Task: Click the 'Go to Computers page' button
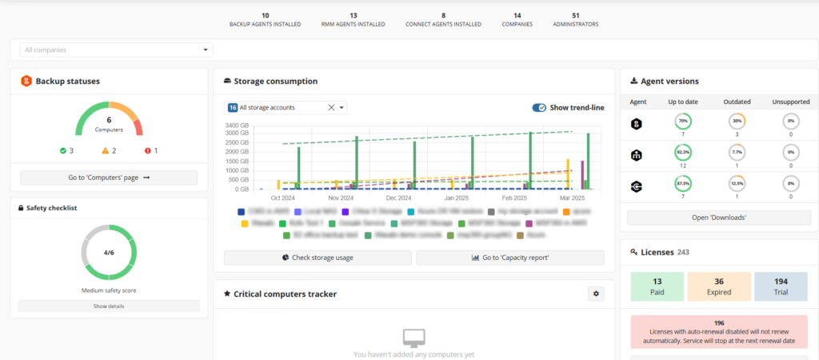(109, 178)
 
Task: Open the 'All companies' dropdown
(116, 50)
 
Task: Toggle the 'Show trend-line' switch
(539, 107)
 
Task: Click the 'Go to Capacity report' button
(510, 258)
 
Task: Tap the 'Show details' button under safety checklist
(109, 306)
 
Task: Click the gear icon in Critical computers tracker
(595, 294)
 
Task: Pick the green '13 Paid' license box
(657, 286)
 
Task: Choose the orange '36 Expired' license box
(719, 286)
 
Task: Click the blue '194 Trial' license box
(781, 286)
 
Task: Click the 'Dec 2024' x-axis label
(398, 198)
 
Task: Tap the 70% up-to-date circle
(682, 122)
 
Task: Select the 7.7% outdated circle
(737, 152)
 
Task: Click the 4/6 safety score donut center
(109, 252)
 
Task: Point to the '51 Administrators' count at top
(576, 20)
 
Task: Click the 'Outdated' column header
(737, 102)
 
